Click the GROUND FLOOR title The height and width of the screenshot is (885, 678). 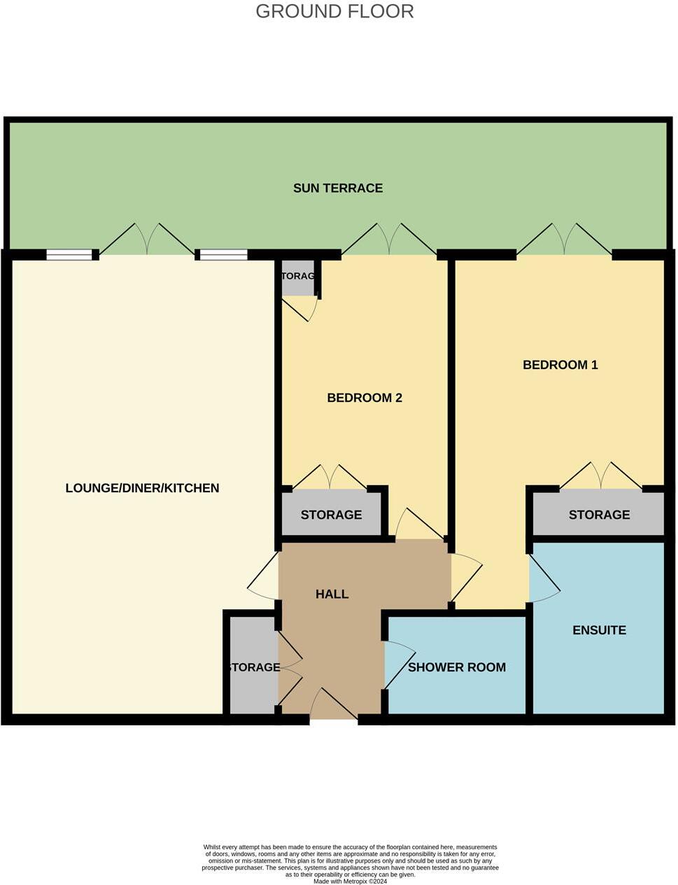334,12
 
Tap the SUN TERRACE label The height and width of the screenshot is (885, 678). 338,188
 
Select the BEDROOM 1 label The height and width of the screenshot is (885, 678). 560,365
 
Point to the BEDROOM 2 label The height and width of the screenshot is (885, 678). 365,398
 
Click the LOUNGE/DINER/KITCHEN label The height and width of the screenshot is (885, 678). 142,488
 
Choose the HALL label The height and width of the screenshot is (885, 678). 332,594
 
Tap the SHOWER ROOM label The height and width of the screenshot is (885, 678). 456,667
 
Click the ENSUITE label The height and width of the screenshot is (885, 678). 599,630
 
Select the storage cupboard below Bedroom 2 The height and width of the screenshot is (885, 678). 331,515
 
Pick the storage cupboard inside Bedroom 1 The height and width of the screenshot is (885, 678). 599,515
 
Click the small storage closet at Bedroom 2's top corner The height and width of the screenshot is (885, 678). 297,277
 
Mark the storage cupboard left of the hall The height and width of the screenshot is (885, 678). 252,667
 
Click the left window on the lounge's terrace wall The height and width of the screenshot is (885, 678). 69,255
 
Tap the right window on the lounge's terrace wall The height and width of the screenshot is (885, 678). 223,255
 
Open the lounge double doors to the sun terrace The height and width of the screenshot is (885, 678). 147,242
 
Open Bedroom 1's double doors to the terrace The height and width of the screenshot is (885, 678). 564,242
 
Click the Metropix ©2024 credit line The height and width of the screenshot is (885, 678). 350,881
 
